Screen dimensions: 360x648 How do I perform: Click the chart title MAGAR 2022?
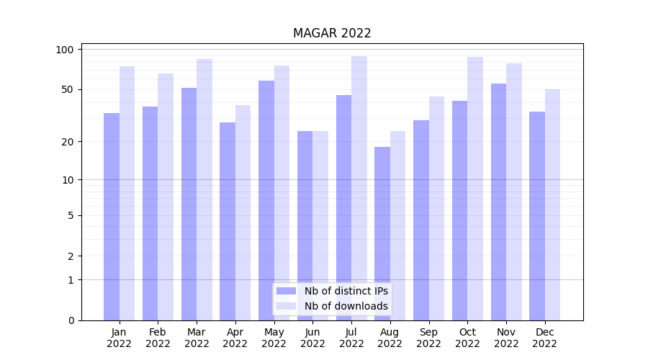tap(332, 33)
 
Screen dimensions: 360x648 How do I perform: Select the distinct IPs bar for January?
tap(112, 216)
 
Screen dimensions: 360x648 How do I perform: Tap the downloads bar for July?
tap(359, 187)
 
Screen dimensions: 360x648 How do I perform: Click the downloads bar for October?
tap(475, 188)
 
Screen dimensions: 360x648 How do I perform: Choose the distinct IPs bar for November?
tap(498, 202)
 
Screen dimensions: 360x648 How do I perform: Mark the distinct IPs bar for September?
tap(421, 220)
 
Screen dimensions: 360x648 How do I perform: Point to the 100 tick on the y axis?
tap(65, 50)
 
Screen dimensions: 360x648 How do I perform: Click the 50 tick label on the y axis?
tap(68, 89)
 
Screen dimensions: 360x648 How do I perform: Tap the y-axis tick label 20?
tap(68, 142)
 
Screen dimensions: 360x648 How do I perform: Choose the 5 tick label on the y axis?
tap(71, 215)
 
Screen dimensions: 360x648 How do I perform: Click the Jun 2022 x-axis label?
tap(312, 338)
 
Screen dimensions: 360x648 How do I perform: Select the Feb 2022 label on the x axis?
tap(158, 338)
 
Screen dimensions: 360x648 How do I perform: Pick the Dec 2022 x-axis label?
tap(544, 338)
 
